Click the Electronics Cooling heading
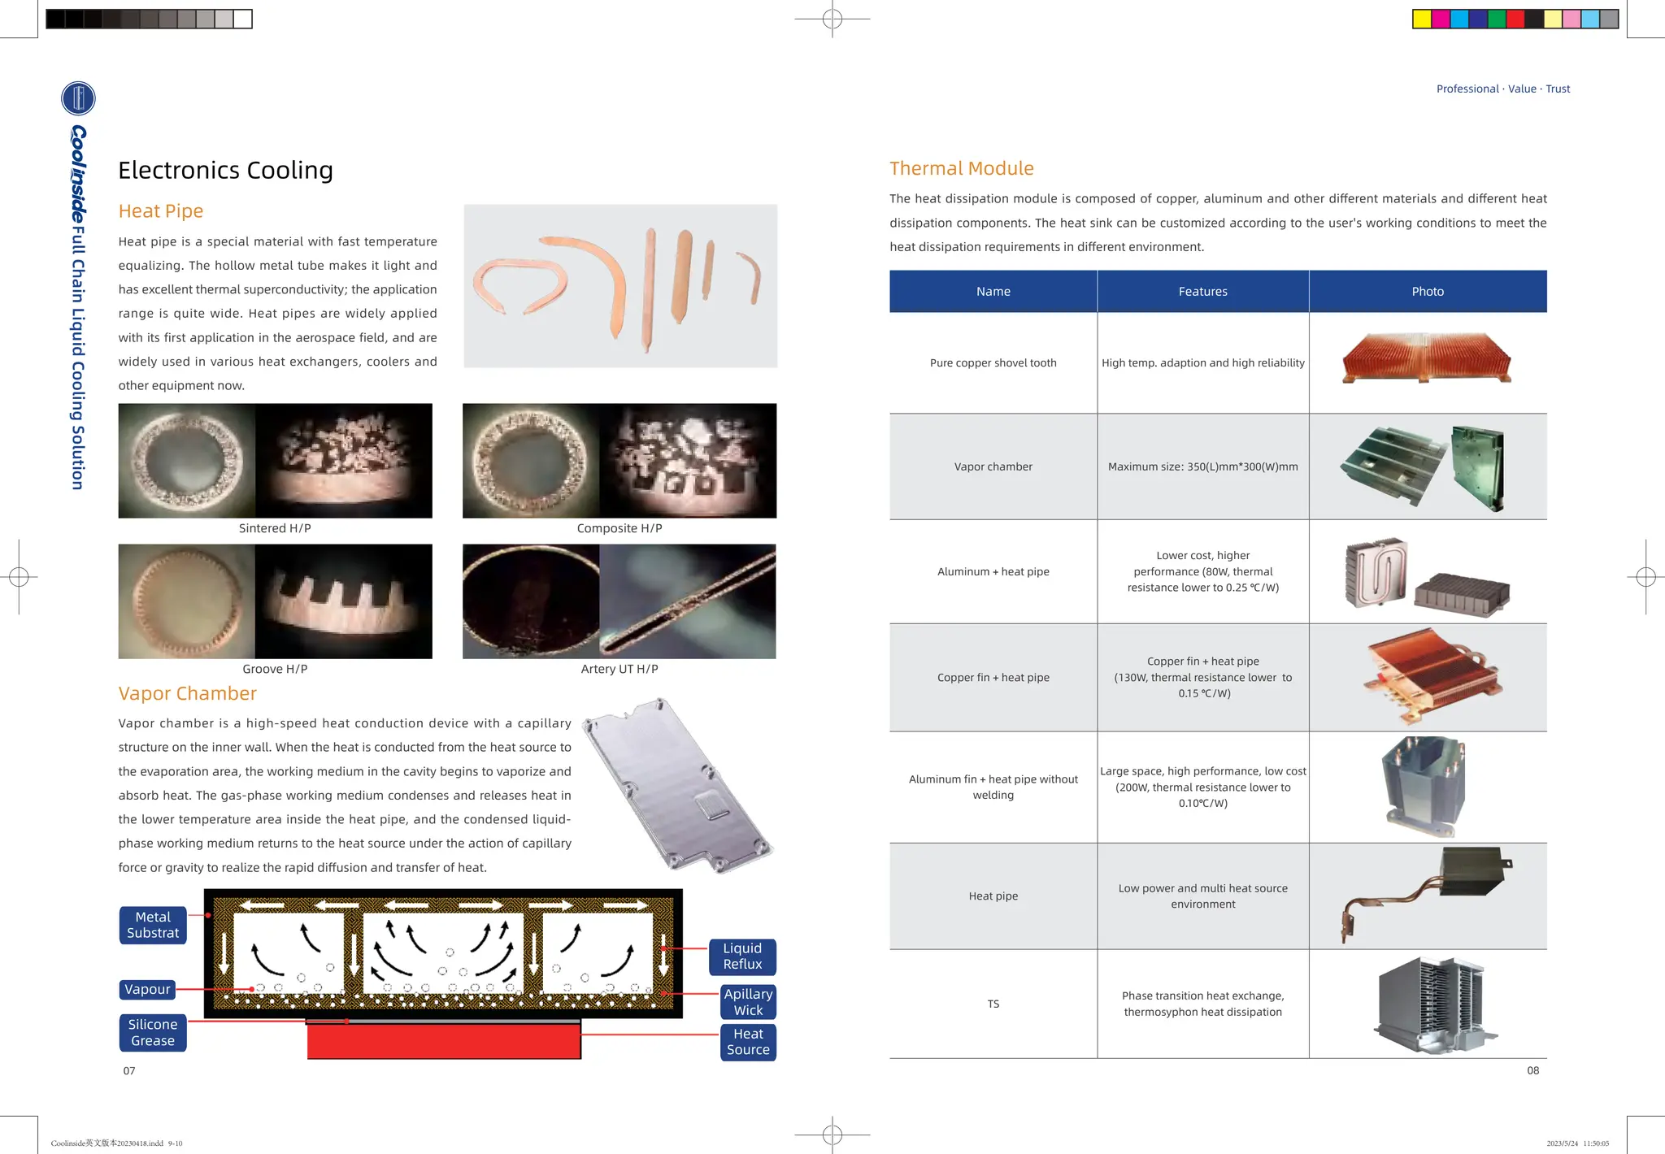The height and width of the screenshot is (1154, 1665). [x=225, y=170]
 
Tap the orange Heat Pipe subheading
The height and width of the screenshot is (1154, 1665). [x=160, y=211]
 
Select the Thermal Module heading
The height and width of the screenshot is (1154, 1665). [x=961, y=168]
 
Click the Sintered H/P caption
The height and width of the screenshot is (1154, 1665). [x=275, y=528]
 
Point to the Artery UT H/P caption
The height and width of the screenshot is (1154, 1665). [x=619, y=669]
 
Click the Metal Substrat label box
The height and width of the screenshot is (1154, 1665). [x=153, y=925]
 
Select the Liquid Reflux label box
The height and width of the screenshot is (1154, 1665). [x=742, y=957]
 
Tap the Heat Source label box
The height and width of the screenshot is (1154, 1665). [x=748, y=1042]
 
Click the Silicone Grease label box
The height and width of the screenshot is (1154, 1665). [x=153, y=1033]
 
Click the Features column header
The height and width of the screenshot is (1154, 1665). [x=1202, y=292]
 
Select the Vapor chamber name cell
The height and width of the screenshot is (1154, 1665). [x=993, y=466]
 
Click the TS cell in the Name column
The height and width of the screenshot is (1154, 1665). [x=993, y=1004]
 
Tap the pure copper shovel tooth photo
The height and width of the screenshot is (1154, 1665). [x=1426, y=358]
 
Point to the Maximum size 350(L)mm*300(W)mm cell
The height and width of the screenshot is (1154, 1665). [x=1202, y=466]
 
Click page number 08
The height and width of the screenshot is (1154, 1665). [x=1532, y=1070]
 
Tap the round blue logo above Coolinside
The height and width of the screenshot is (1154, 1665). [x=78, y=98]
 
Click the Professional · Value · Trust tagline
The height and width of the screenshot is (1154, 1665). [x=1502, y=89]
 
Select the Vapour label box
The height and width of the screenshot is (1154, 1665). [x=147, y=989]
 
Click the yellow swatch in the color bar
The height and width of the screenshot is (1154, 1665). [x=1422, y=19]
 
